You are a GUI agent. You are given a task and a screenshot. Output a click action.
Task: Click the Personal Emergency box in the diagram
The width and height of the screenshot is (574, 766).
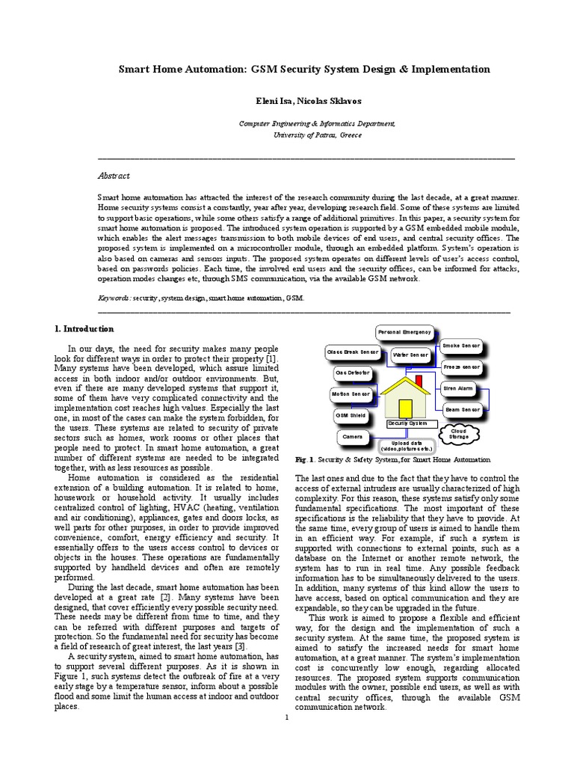pyautogui.click(x=404, y=331)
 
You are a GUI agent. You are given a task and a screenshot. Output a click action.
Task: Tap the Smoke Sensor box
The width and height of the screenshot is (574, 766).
pyautogui.click(x=461, y=346)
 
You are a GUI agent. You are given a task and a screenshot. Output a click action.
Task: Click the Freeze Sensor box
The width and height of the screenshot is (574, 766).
pyautogui.click(x=462, y=367)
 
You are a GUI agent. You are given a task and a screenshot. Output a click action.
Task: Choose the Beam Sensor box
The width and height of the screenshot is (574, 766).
pyautogui.click(x=462, y=409)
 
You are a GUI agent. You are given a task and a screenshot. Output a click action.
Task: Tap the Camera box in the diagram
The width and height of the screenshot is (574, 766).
pyautogui.click(x=351, y=435)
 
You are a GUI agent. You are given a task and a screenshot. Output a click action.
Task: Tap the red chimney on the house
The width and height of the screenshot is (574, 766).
pyautogui.click(x=419, y=382)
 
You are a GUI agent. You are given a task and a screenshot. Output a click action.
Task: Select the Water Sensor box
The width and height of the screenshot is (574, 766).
pyautogui.click(x=410, y=354)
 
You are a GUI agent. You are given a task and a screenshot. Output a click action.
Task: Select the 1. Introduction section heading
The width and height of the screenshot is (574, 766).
pyautogui.click(x=85, y=328)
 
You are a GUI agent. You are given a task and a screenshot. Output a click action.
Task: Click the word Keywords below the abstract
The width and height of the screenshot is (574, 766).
pyautogui.click(x=114, y=297)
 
